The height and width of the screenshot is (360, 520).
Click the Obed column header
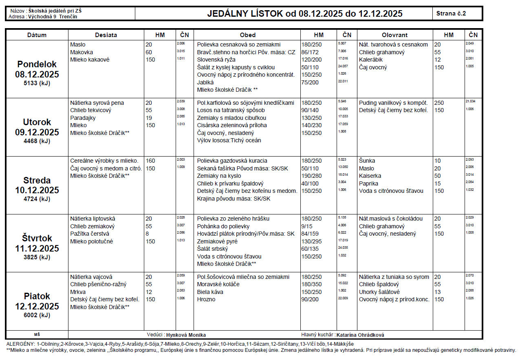[x=247, y=35]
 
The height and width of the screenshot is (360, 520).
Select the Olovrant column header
[x=394, y=35]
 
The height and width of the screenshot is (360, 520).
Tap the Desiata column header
[x=106, y=35]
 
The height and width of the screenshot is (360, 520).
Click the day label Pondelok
[x=37, y=64]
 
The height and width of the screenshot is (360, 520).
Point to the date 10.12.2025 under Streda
[x=37, y=190]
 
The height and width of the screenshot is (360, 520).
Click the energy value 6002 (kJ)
[x=37, y=315]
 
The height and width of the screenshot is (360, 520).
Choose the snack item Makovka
[x=82, y=52]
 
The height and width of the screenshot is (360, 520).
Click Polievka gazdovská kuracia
[x=233, y=161]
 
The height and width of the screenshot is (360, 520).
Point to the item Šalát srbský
[x=212, y=249]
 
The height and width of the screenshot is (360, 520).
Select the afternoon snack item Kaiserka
[x=370, y=176]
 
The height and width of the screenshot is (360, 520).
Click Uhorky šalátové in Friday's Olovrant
[x=379, y=292]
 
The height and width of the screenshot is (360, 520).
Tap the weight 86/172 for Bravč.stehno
[x=310, y=52]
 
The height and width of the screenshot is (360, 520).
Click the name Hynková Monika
[x=186, y=335]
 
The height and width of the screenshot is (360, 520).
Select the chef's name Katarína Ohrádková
[x=360, y=335]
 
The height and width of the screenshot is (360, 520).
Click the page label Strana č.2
[x=451, y=13]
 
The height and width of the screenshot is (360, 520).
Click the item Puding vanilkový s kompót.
[x=393, y=103]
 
